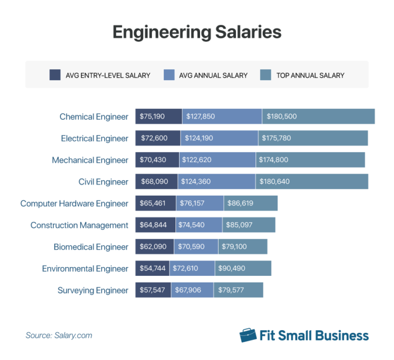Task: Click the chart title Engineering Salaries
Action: click(x=197, y=32)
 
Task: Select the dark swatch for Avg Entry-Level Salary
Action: click(x=55, y=75)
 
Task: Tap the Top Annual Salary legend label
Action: click(x=310, y=75)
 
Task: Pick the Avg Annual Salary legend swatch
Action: click(x=169, y=75)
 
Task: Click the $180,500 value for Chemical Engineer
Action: click(x=318, y=117)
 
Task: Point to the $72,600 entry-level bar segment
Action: click(x=158, y=138)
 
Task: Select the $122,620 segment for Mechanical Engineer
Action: click(x=218, y=160)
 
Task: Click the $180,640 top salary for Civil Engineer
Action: click(x=311, y=181)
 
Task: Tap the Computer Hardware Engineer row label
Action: click(x=74, y=203)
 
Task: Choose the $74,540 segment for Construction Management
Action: click(x=199, y=225)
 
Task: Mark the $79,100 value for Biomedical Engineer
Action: click(x=243, y=247)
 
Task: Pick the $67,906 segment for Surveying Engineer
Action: click(x=192, y=290)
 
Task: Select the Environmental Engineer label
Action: click(x=85, y=269)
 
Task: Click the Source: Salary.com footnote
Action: click(x=59, y=335)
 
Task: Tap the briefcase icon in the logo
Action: click(x=248, y=335)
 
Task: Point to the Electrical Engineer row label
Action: click(x=94, y=138)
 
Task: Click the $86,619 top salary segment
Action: click(x=250, y=203)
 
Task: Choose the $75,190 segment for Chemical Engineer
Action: click(x=159, y=117)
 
